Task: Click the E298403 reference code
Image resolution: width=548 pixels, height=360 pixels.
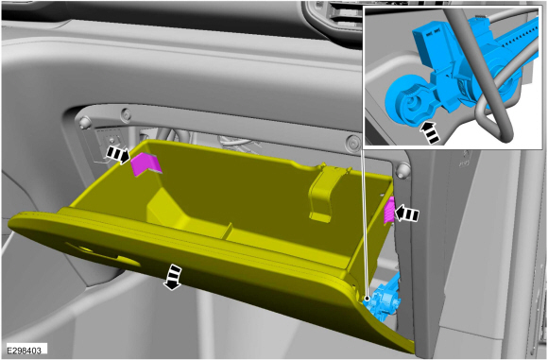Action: [x=25, y=351]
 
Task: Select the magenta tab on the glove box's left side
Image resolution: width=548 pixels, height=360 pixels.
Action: [x=146, y=163]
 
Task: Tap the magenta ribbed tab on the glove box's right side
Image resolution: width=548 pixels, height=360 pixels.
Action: [x=389, y=210]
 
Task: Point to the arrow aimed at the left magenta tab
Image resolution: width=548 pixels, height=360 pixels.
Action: [x=118, y=155]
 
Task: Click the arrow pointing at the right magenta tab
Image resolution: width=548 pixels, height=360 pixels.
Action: [x=406, y=214]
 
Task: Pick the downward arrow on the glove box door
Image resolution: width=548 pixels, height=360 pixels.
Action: [x=173, y=277]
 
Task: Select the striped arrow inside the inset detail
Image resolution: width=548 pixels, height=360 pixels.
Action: [x=431, y=132]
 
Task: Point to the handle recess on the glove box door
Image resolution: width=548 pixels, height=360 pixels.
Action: [x=101, y=253]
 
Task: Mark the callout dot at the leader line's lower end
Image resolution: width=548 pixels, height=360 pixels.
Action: [x=367, y=299]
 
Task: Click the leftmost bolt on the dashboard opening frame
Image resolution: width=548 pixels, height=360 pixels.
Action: [x=84, y=122]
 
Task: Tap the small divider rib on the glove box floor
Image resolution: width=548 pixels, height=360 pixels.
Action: [x=227, y=231]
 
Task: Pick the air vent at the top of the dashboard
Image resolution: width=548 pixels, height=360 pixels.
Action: [x=334, y=16]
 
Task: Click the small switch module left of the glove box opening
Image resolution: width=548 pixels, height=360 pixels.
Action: [x=111, y=143]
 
